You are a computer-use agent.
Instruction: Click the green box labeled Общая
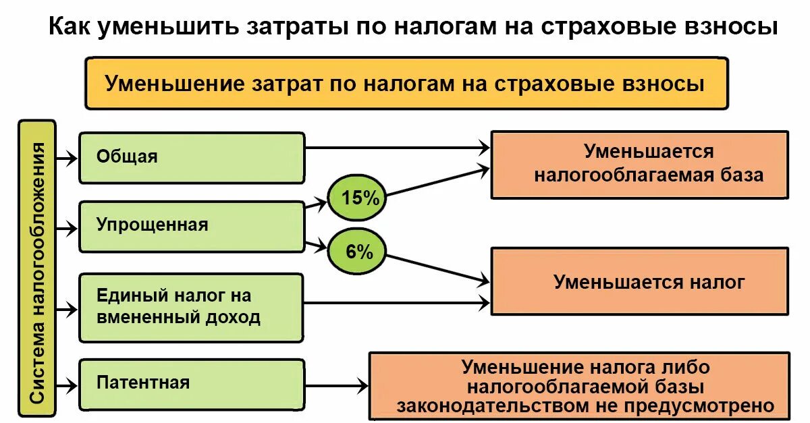[x=192, y=157]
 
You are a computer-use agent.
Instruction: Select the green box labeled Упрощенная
[x=192, y=226]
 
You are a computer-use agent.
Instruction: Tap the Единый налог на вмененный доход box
[x=192, y=307]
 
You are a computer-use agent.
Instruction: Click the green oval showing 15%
[x=356, y=198]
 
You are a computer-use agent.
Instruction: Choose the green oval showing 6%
[x=356, y=253]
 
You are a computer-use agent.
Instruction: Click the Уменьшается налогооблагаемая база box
[x=639, y=165]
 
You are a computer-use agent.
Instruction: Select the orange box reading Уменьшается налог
[x=639, y=281]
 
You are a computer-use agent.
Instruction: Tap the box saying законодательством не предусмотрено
[x=579, y=386]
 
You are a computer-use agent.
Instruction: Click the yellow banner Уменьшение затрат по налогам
[x=406, y=84]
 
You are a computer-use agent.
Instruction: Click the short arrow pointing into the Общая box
[x=67, y=159]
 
